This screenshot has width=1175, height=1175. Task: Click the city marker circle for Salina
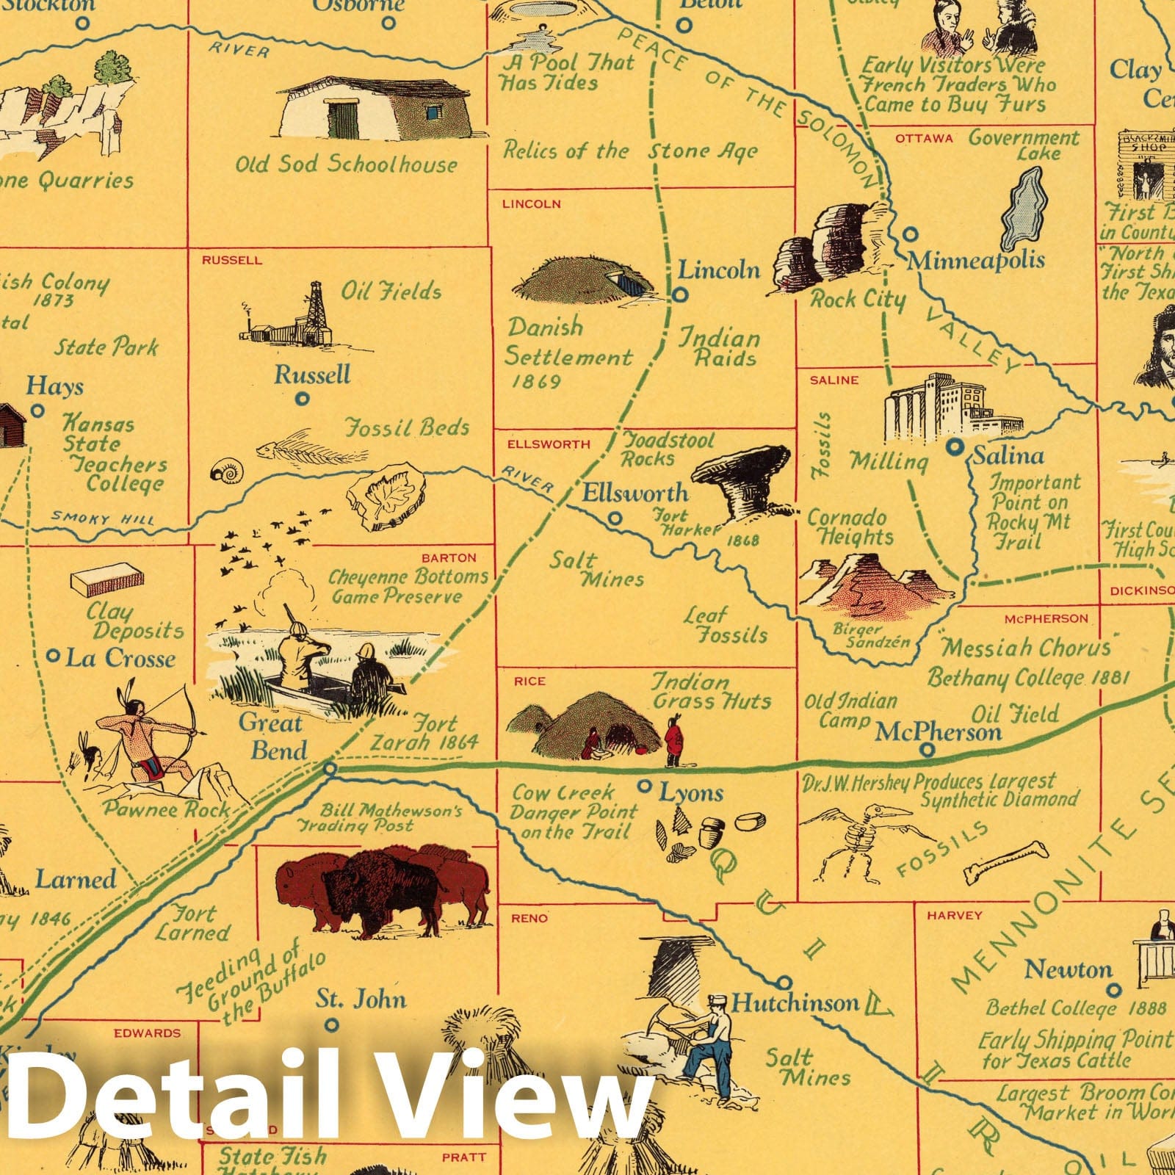coord(955,446)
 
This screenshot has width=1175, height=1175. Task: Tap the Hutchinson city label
coord(795,1002)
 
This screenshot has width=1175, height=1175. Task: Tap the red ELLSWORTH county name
coord(549,444)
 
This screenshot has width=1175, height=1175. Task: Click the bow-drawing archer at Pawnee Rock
coord(143,734)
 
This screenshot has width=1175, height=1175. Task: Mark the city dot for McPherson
coord(928,750)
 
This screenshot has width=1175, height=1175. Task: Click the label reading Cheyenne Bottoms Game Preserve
coord(408,586)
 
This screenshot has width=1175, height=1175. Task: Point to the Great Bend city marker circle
coord(330,769)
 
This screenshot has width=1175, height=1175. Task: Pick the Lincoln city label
coord(718,270)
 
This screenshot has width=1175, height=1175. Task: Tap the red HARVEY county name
coord(954,915)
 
